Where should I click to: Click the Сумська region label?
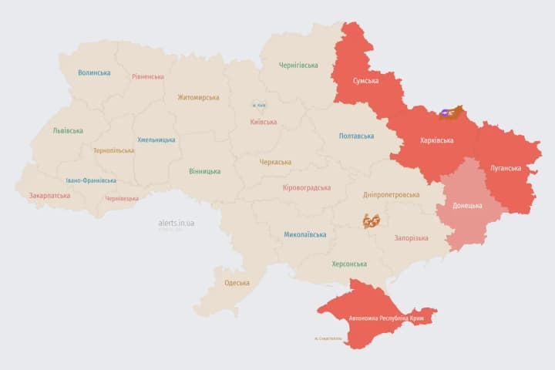[x=365, y=81]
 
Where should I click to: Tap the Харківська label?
[x=436, y=140]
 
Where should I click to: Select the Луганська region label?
[x=505, y=167]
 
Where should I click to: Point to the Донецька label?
[x=467, y=206]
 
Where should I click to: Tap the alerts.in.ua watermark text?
[x=177, y=223]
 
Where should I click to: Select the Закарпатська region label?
[x=49, y=196]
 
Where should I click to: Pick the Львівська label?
[x=68, y=131]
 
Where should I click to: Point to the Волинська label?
[x=94, y=73]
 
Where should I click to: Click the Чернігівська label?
[x=298, y=66]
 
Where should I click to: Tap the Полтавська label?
[x=356, y=136]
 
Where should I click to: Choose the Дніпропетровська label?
[x=392, y=195]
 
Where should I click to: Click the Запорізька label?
[x=411, y=238]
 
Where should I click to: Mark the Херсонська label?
[x=348, y=264]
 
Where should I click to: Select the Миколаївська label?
[x=304, y=234]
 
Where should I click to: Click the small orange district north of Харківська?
[x=450, y=113]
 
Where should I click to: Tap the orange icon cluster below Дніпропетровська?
[x=372, y=221]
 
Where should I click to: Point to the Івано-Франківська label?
[x=91, y=180]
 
